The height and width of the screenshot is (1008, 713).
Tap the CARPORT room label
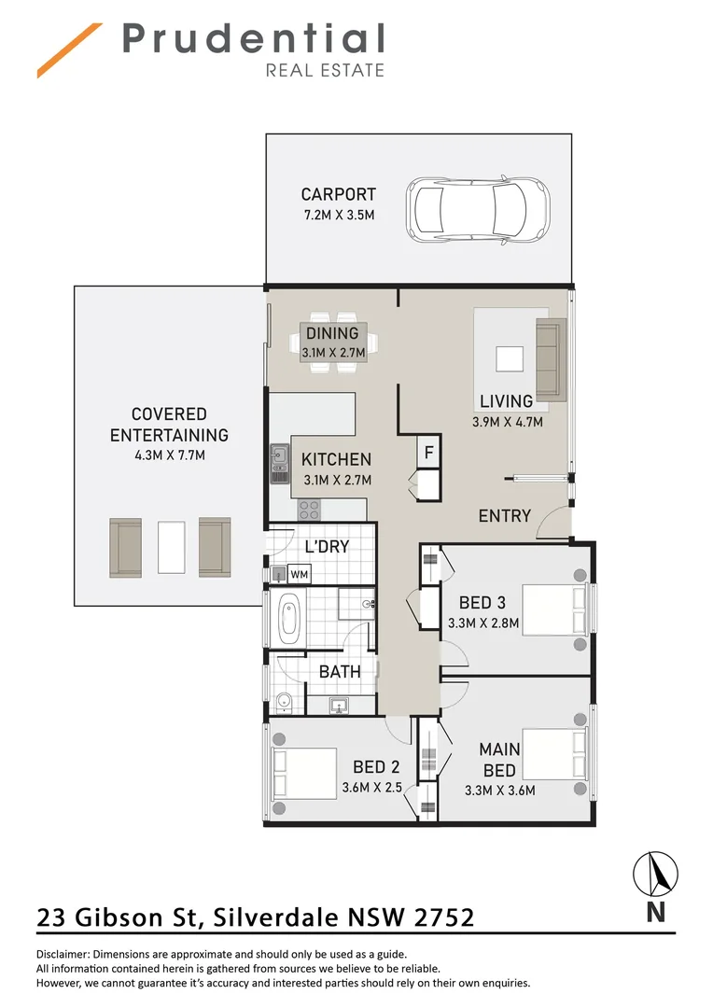pos(338,194)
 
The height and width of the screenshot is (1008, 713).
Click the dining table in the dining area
pos(333,342)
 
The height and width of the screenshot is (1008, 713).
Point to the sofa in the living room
pos(550,358)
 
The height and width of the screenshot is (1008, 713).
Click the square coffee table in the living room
pos(510,360)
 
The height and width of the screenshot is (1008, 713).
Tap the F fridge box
pos(428,453)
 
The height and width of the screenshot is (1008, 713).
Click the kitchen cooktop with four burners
pos(309,510)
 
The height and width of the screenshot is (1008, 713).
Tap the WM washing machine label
pos(300,573)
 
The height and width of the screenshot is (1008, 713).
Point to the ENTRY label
pos(504,516)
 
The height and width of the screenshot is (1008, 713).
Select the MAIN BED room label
pos(499,760)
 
